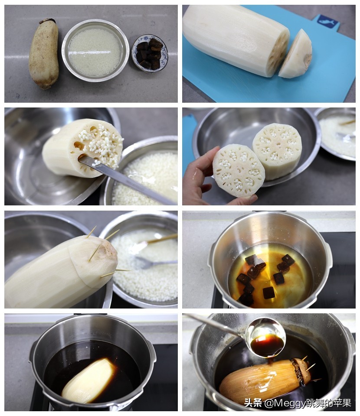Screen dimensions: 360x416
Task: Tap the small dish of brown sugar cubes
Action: (150, 53)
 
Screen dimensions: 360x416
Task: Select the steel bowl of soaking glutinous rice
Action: (95, 50)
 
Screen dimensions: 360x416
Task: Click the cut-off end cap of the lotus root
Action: (295, 55)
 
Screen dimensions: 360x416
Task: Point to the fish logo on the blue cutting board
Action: (326, 21)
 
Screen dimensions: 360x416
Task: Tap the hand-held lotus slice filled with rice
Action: (239, 170)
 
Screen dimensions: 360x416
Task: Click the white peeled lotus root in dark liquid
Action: (89, 381)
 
